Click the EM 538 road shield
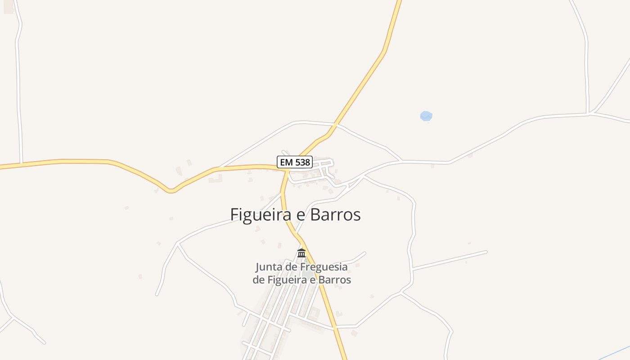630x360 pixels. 294,162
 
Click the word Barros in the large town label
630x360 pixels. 335,215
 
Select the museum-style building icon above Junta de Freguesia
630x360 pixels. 301,253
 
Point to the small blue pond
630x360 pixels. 426,116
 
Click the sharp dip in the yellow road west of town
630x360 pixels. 171,191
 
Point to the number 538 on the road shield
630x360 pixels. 302,162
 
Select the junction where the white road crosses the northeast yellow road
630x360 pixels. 336,124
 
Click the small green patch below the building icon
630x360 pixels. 308,273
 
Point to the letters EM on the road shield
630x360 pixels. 286,162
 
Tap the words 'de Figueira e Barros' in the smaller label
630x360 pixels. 301,279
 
